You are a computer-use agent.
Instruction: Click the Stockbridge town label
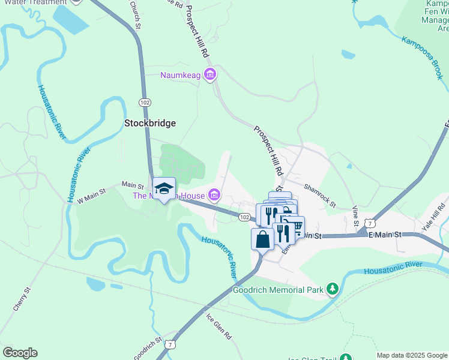[x=149, y=123]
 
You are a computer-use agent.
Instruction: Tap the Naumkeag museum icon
[x=209, y=75]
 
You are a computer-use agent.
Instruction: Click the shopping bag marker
[x=262, y=239]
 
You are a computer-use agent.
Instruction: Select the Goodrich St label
[x=147, y=347]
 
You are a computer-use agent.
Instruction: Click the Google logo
[x=20, y=352]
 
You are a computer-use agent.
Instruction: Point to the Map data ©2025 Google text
[x=412, y=355]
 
